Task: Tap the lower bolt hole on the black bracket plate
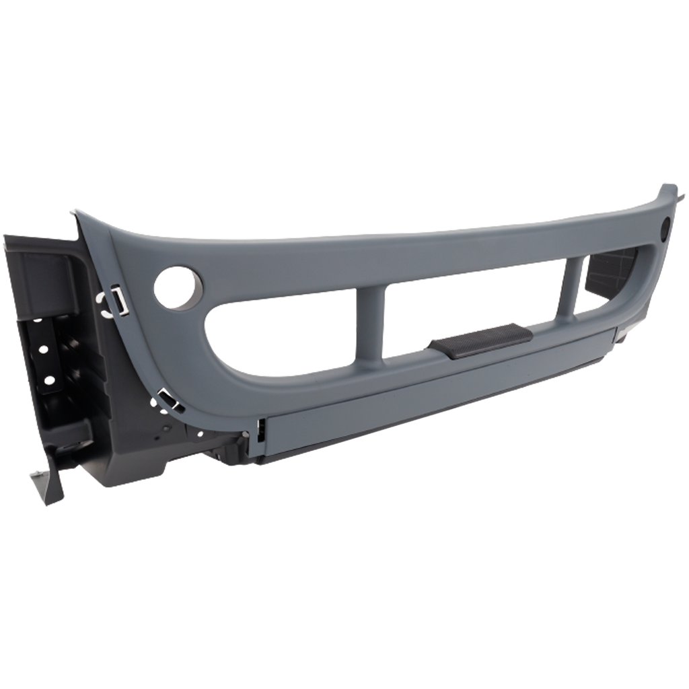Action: coord(48,381)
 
